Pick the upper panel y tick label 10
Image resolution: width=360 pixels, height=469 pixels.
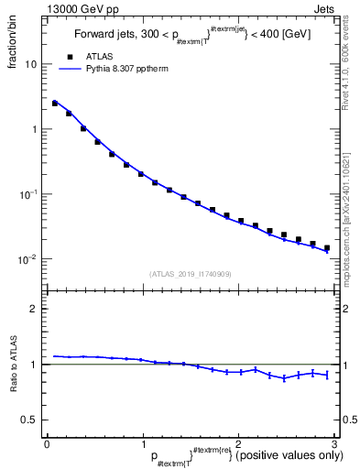point(30,65)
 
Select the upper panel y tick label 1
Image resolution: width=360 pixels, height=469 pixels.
point(34,129)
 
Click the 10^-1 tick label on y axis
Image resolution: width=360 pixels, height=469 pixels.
point(28,194)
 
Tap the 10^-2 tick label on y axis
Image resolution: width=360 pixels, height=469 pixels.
point(28,259)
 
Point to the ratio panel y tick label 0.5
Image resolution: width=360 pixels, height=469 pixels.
point(29,420)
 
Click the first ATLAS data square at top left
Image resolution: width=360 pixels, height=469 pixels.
point(55,104)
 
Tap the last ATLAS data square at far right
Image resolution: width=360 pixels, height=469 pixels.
point(326,248)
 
